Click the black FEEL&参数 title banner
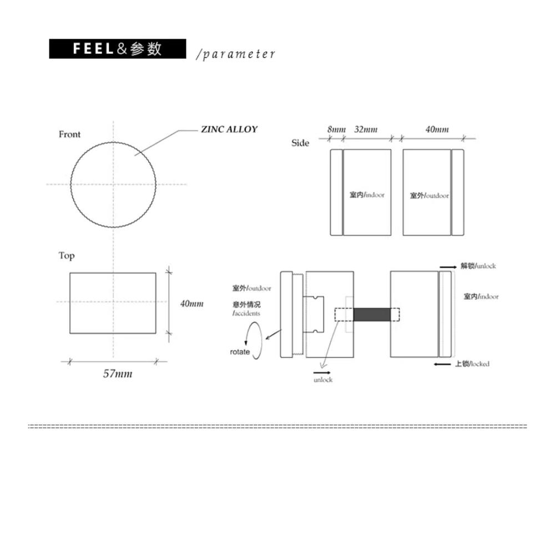(118, 49)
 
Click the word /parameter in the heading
(236, 54)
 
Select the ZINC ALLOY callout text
(229, 129)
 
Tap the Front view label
(70, 134)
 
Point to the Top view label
(67, 255)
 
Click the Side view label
(300, 143)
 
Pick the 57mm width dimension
(118, 374)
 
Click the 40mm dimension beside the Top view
(192, 304)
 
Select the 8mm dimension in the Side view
(336, 129)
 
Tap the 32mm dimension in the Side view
(366, 129)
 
